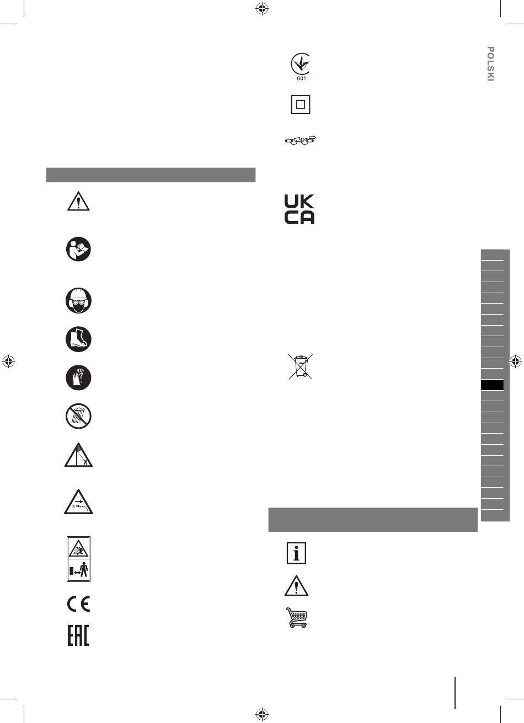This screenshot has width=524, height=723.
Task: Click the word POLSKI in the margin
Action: pyautogui.click(x=490, y=64)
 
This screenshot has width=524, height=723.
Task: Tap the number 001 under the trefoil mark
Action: pyautogui.click(x=301, y=78)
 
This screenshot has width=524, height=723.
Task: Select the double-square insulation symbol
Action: pyautogui.click(x=301, y=104)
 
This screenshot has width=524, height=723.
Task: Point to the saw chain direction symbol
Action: pyautogui.click(x=301, y=141)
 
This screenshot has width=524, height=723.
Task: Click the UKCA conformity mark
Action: pyautogui.click(x=299, y=209)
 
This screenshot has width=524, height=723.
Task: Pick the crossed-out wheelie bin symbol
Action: pyautogui.click(x=301, y=366)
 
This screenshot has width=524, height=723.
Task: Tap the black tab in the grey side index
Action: pyautogui.click(x=492, y=385)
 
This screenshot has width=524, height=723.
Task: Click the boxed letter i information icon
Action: pyautogui.click(x=296, y=553)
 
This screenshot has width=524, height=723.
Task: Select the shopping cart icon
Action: pyautogui.click(x=296, y=618)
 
